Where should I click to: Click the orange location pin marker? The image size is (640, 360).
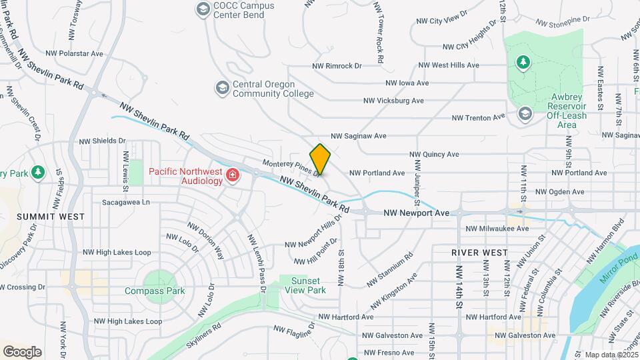pos(321,159)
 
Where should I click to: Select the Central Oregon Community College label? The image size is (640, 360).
pos(273,89)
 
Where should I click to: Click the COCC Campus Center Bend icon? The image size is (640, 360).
pos(202,9)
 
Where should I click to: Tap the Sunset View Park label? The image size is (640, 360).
pos(305,285)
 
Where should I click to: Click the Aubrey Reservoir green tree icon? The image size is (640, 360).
pos(523,62)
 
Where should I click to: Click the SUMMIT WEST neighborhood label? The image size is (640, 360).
pos(51,217)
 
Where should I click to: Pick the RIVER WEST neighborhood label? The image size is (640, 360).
pos(479,253)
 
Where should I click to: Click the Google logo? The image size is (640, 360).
pos(22,351)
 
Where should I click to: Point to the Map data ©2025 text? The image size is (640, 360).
pos(611,355)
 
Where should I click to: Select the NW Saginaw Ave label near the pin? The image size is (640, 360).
pos(357,136)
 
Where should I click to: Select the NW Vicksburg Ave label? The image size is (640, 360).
pos(393,101)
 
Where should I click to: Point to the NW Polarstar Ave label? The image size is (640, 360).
pos(75,53)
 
